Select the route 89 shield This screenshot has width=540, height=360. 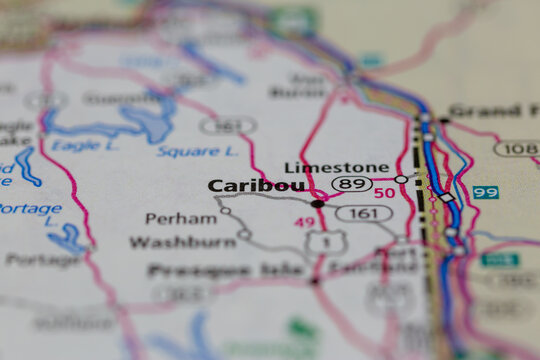point(352,184)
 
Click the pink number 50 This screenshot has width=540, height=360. point(385,193)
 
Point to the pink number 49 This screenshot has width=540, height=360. point(304,222)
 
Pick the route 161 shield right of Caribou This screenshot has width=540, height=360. point(363,213)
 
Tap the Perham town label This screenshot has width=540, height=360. point(180,218)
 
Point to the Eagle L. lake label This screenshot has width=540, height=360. point(76,146)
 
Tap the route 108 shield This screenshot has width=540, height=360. point(516,149)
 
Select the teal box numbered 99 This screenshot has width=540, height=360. point(486,192)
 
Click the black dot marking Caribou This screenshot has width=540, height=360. point(317,203)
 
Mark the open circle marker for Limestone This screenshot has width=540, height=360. point(401,179)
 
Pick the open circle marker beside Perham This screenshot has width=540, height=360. point(225,210)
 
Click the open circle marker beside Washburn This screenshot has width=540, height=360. point(244,234)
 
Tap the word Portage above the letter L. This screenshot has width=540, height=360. point(30,209)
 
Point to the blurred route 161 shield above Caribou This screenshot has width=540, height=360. point(227,126)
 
